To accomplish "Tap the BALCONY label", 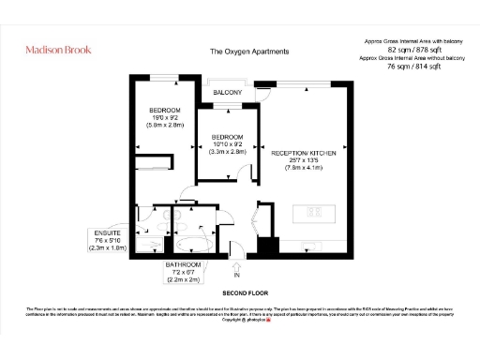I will tap(228, 93).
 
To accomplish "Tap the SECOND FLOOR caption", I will tap(239, 292).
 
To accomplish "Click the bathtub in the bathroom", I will tap(194, 247).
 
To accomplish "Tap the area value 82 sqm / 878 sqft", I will tap(414, 50).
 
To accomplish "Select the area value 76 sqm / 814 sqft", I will tap(414, 66).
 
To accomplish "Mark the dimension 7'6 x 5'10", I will tap(107, 240).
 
